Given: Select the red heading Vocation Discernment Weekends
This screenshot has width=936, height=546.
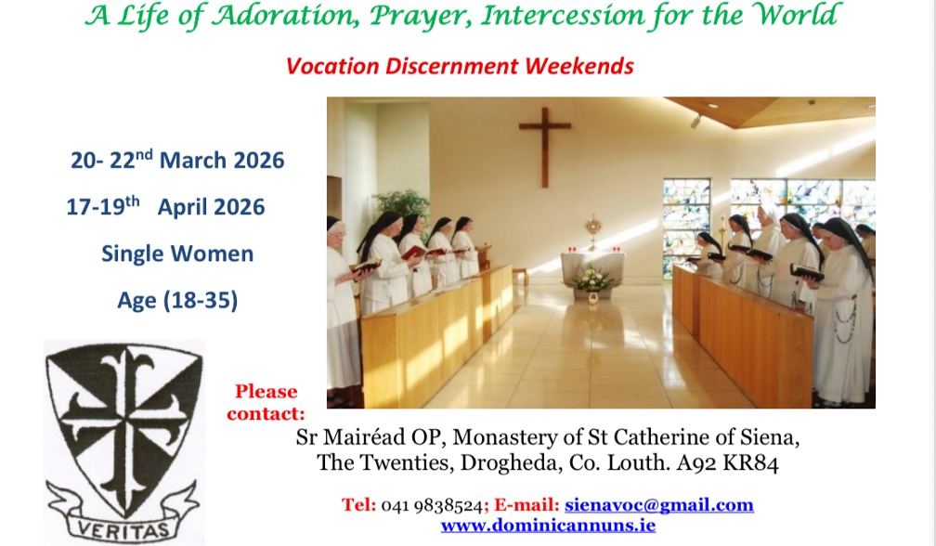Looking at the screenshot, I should [x=460, y=67].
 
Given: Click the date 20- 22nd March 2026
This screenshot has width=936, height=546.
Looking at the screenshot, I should [x=177, y=160].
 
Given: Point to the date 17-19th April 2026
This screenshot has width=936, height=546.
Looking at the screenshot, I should [x=165, y=206].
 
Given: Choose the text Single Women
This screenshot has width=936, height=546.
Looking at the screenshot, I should [x=177, y=253].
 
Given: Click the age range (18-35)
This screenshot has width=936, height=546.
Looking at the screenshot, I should [x=177, y=300].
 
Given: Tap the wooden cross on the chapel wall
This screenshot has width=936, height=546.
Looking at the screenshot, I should [x=544, y=144].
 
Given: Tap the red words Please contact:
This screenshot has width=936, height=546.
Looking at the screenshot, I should [x=266, y=402].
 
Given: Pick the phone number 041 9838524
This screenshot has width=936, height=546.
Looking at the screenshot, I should [x=432, y=506].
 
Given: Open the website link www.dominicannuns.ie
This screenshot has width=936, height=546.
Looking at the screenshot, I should [x=548, y=526].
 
